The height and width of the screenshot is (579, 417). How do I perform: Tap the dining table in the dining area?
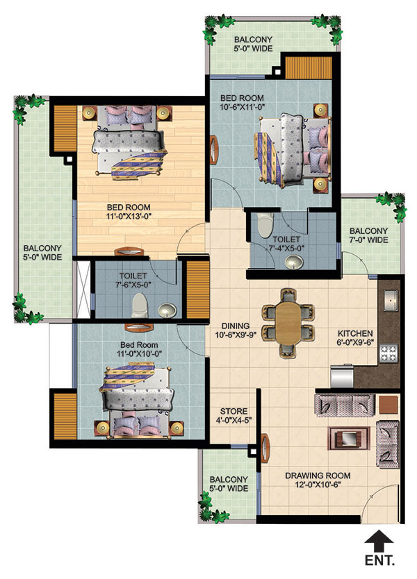288,323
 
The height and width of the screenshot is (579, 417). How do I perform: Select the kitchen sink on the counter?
391,300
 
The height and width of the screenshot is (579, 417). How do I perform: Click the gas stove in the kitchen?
389,353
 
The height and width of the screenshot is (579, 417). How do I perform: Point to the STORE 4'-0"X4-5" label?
234,415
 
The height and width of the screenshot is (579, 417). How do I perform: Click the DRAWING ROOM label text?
318,476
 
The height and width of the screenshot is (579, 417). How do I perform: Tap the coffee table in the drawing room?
349,438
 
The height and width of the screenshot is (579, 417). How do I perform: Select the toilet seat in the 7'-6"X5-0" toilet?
140,305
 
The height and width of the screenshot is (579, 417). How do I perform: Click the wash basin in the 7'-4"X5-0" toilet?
294,262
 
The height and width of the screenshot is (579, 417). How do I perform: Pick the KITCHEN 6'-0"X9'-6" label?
355,337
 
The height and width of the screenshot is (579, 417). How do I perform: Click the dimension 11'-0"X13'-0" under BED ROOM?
129,217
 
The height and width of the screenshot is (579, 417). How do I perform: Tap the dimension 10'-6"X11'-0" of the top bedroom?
243,107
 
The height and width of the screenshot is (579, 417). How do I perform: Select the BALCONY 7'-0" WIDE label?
368,235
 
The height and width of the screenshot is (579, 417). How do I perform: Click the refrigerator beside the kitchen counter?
342,376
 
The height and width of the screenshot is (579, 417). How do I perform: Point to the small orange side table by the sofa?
389,405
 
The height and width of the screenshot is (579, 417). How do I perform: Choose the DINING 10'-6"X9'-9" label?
236,330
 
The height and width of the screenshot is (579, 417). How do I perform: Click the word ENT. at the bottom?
379,560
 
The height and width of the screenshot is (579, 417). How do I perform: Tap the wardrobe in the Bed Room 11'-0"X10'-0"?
65,416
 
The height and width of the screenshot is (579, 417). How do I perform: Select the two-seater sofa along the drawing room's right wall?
387,444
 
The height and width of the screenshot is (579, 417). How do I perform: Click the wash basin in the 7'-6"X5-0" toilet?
167,310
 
